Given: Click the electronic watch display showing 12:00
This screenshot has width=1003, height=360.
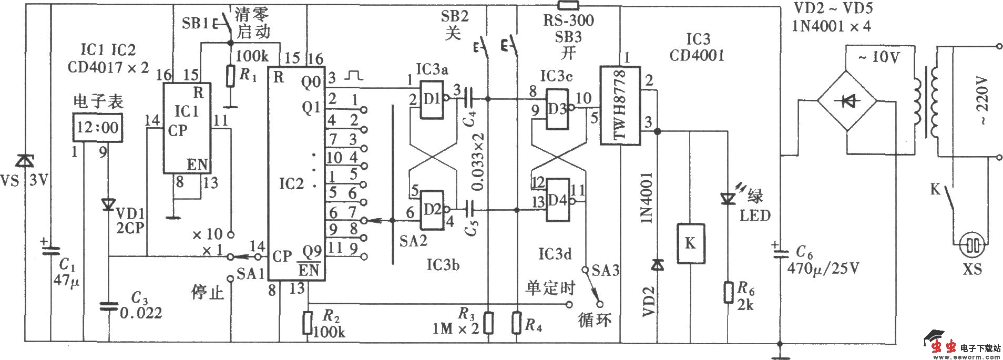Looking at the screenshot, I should click(x=98, y=127).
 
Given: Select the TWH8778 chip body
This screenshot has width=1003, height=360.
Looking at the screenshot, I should click(x=620, y=105).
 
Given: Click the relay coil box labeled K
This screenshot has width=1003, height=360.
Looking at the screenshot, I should click(x=690, y=243).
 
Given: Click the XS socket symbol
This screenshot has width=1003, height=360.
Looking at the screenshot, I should click(x=971, y=245).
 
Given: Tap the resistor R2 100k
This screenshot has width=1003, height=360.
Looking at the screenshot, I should click(x=308, y=323).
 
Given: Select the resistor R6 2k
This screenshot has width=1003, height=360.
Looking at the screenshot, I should click(x=728, y=293).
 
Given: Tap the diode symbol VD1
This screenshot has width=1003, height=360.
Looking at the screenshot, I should click(x=108, y=204).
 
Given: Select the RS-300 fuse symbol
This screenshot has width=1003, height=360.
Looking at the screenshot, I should click(x=568, y=6).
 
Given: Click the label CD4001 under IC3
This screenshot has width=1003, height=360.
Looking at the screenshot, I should click(x=697, y=55).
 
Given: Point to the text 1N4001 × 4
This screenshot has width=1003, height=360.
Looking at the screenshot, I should click(x=831, y=26).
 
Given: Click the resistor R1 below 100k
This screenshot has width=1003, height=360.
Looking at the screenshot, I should click(x=230, y=76).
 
